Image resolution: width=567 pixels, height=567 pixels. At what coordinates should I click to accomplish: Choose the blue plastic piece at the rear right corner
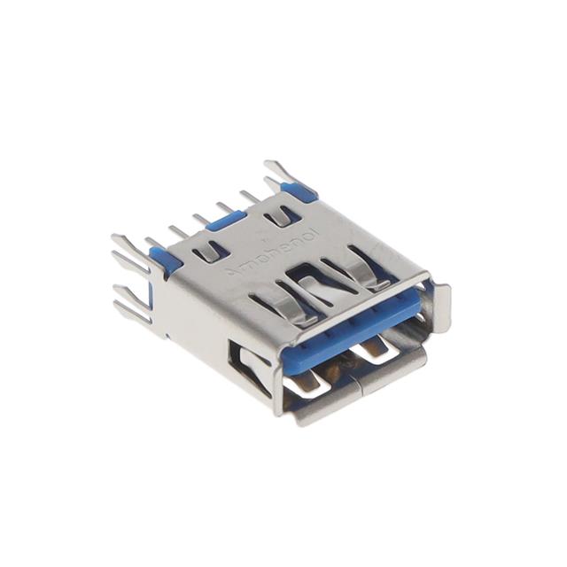click(x=295, y=188)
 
